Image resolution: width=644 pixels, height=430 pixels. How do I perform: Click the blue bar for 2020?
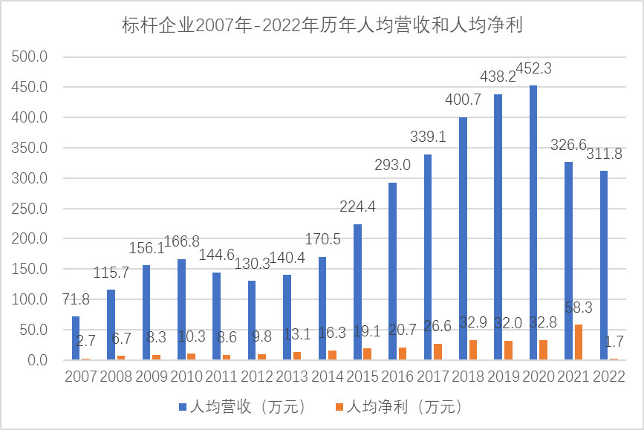(533, 223)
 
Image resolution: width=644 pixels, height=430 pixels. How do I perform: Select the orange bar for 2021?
(579, 342)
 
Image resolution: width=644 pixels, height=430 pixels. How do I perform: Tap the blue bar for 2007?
(76, 338)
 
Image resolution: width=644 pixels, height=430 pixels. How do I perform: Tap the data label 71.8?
(75, 300)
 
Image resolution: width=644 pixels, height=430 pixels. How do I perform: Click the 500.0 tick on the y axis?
(31, 57)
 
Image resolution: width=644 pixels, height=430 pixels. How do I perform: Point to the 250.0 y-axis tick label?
(31, 209)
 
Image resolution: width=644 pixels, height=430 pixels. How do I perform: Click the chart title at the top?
(322, 25)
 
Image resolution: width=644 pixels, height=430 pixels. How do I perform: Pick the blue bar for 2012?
(252, 320)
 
